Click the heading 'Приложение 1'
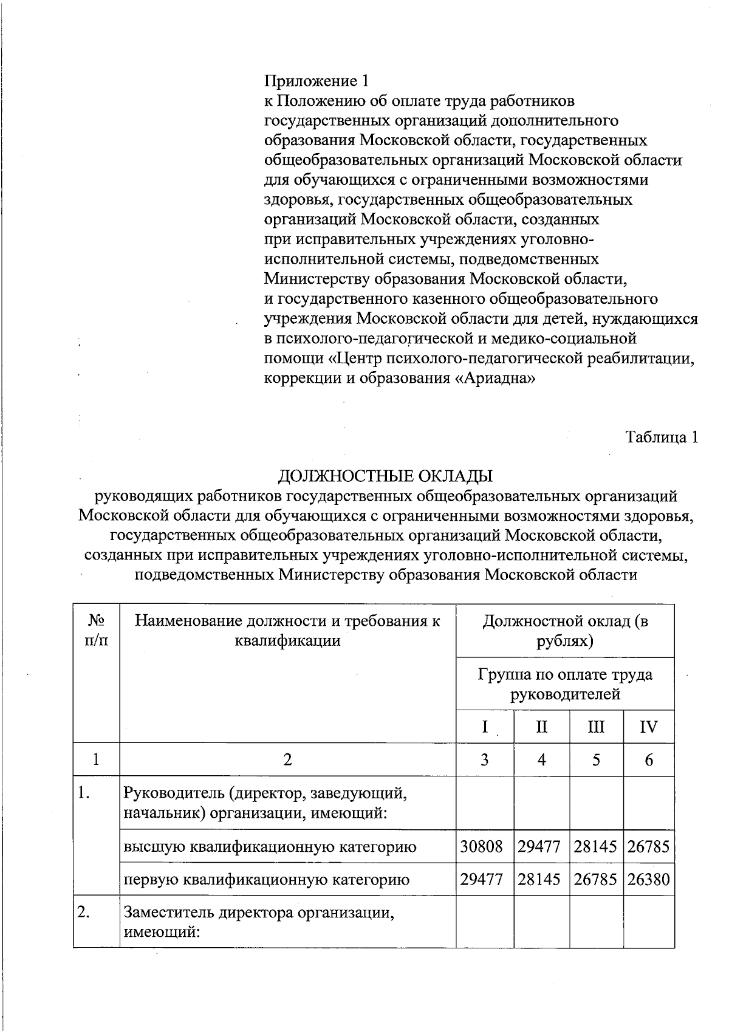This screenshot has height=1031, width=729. [x=317, y=81]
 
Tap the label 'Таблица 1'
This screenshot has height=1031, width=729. [x=662, y=437]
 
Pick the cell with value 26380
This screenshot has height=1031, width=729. [x=648, y=879]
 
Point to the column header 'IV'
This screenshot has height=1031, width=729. [x=648, y=727]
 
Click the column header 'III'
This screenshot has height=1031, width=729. [x=596, y=727]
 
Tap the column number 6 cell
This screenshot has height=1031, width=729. [x=648, y=759]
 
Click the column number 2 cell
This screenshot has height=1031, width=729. [x=287, y=759]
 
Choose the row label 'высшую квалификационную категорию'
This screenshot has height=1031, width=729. [x=270, y=846]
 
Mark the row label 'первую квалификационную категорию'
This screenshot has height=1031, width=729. [x=267, y=879]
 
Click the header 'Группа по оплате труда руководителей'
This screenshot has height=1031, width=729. [x=565, y=684]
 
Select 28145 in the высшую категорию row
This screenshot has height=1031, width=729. [x=596, y=846]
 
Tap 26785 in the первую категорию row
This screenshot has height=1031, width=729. [x=596, y=879]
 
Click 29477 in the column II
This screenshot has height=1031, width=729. [x=539, y=846]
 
